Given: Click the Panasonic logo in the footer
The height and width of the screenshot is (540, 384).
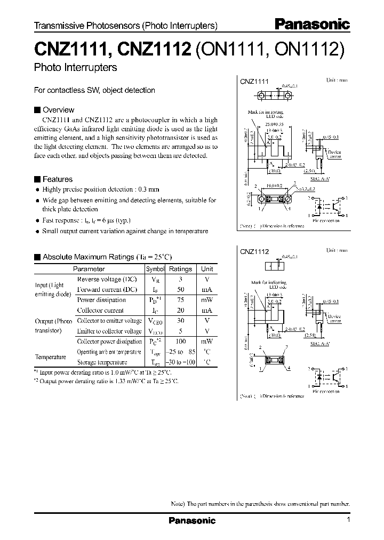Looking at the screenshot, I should tap(192, 520).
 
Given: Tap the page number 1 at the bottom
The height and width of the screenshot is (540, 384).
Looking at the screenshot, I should tap(348, 520).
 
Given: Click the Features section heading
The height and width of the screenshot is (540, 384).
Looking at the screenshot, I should tap(57, 179).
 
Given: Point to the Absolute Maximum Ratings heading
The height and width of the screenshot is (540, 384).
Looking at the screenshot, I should tap(87, 257).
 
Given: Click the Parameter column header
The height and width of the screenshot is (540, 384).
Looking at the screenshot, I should tap(89, 269).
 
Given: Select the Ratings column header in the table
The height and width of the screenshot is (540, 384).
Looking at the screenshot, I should tap(180, 269).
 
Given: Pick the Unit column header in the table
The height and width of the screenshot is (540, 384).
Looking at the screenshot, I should tap(206, 269).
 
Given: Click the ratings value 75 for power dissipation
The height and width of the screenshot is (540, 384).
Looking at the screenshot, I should tap(180, 300).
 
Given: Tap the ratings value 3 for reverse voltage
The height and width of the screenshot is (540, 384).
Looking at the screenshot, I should tap(180, 280).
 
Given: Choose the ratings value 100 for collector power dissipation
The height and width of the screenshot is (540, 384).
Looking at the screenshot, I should tap(180, 342).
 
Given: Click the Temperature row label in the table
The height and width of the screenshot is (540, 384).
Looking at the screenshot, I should tap(51, 357).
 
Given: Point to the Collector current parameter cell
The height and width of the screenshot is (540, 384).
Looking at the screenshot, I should tap(101, 310).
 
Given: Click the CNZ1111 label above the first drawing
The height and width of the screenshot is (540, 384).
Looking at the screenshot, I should tap(254, 82).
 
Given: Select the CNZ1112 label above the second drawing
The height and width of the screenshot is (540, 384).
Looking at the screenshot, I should tap(254, 251).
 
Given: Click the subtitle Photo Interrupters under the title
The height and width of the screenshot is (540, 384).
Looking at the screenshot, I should tap(75, 68).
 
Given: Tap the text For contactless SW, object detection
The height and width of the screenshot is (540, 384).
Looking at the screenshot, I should tap(94, 90).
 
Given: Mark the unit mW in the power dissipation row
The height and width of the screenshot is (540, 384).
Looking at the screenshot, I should tap(206, 300).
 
